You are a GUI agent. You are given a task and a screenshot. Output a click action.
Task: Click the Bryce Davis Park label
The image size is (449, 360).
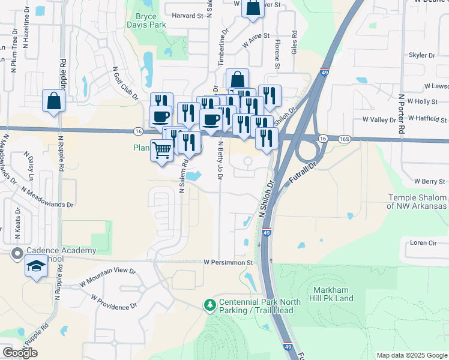(142, 20)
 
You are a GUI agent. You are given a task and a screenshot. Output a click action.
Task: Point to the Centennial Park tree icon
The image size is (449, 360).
(209, 305)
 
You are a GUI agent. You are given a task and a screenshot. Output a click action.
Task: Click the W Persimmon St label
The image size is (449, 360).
(229, 262)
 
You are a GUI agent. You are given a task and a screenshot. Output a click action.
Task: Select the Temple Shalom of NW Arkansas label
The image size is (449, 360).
(417, 202)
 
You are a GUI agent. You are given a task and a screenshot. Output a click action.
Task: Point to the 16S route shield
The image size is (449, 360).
(343, 139)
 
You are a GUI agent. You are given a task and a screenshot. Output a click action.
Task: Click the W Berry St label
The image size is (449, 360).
(429, 181)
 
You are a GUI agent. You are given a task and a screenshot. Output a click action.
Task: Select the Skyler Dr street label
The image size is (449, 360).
(421, 55)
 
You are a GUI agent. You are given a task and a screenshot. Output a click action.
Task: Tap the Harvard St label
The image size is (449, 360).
(187, 16)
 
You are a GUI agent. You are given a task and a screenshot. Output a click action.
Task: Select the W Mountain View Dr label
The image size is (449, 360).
(107, 276)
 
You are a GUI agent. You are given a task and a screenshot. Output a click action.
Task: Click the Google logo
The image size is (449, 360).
(20, 352)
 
